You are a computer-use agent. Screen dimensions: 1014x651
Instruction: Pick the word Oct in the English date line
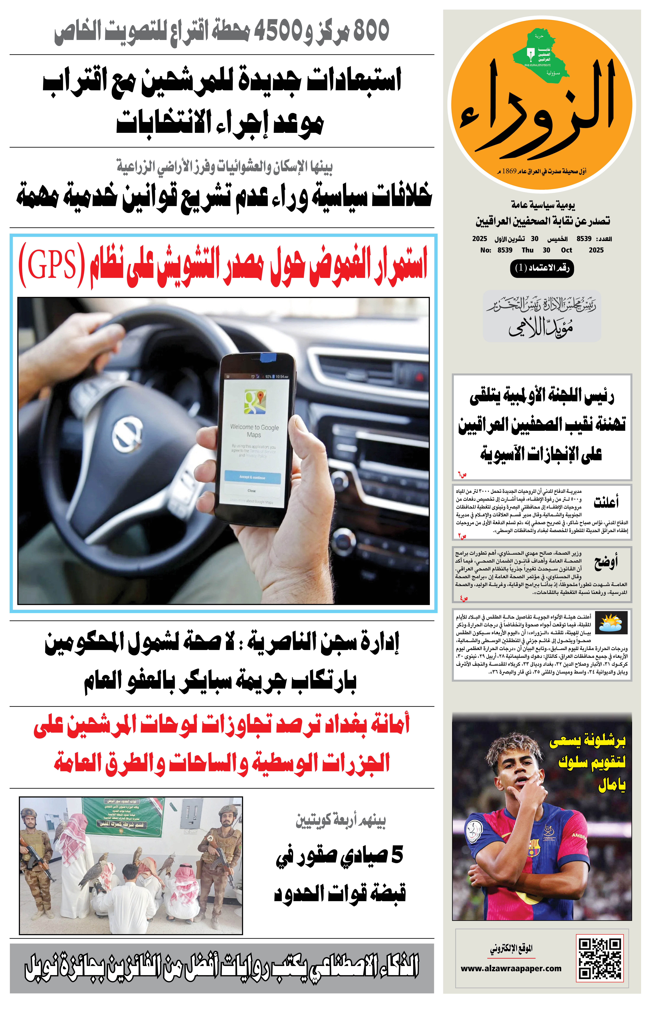(x=566, y=250)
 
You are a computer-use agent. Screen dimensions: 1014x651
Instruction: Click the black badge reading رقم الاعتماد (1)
(x=542, y=268)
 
